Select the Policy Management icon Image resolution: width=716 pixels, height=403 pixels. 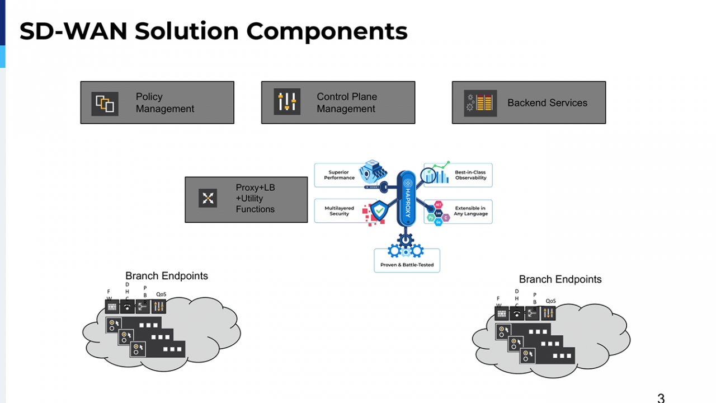click(x=105, y=104)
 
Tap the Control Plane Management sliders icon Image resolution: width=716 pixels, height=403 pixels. click(x=287, y=102)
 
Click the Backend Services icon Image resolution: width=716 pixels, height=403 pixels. click(x=480, y=103)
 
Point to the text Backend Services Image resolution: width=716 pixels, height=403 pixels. click(x=547, y=103)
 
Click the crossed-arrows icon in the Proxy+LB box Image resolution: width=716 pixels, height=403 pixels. click(x=208, y=198)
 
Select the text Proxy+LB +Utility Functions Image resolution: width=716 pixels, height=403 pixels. click(x=255, y=199)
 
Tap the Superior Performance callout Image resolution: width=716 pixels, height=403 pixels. click(x=340, y=175)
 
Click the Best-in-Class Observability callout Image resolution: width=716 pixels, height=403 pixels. click(x=470, y=175)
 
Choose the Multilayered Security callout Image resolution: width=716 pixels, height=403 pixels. click(x=339, y=211)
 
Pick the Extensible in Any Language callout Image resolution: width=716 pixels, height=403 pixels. click(x=470, y=211)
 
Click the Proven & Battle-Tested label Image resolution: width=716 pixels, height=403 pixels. click(x=407, y=265)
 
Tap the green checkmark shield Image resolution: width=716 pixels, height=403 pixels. click(x=379, y=211)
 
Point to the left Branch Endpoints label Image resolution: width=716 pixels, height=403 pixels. click(x=167, y=276)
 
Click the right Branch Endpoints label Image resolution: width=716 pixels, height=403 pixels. click(x=560, y=279)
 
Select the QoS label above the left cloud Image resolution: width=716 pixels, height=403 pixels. click(x=161, y=294)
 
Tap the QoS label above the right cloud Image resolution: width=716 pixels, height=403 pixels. click(x=550, y=301)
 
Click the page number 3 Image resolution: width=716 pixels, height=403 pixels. click(x=661, y=398)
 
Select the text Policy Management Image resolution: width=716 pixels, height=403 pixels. click(x=165, y=103)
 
